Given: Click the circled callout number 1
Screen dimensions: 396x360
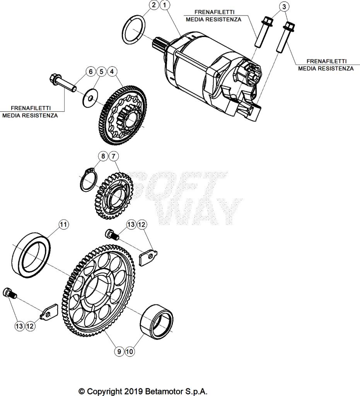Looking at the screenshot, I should (165, 5).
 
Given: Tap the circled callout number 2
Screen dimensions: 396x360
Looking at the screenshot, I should (154, 5).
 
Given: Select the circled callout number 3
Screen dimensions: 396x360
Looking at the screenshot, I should (284, 7).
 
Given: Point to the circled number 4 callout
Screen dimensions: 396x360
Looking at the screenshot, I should (112, 72).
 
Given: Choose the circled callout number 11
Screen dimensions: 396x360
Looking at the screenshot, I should (114, 156).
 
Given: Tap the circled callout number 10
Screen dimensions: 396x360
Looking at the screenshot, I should (119, 351).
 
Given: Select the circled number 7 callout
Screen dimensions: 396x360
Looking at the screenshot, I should (130, 351).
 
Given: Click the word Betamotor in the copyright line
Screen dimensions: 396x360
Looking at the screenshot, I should (164, 391).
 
